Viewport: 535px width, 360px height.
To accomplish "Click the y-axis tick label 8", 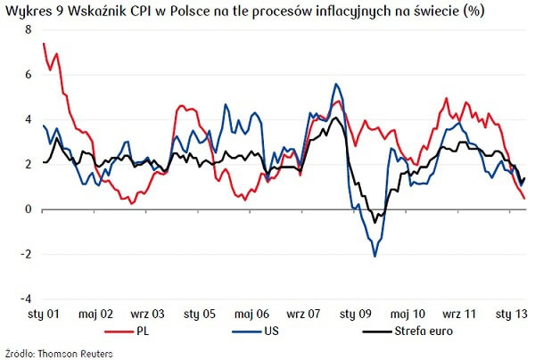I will pyautogui.click(x=29, y=30).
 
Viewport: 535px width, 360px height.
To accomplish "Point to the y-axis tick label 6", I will pyautogui.click(x=29, y=75).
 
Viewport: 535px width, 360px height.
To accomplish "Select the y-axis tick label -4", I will pyautogui.click(x=27, y=299).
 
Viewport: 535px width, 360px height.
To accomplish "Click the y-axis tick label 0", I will pyautogui.click(x=29, y=209).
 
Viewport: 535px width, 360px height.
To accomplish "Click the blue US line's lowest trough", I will pyautogui.click(x=374, y=256).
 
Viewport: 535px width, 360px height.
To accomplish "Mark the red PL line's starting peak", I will pyautogui.click(x=44, y=44).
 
